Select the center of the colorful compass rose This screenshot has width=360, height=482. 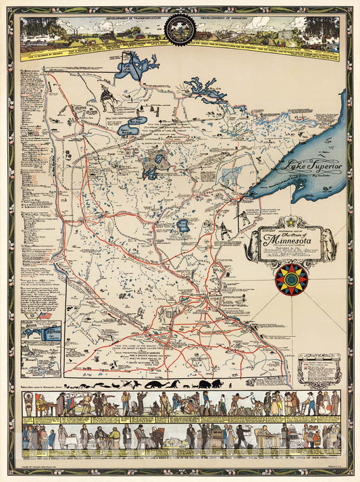pos(292,279)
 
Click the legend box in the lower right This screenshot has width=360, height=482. pos(317,367)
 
